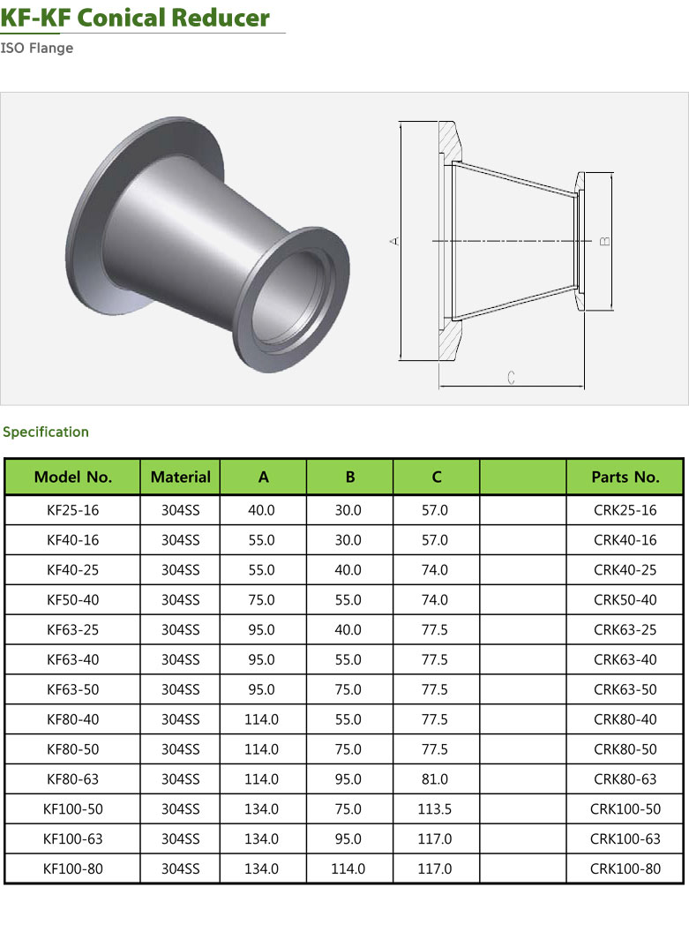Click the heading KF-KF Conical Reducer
[135, 18]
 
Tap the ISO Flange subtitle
[37, 49]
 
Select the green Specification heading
[46, 432]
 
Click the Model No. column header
[73, 477]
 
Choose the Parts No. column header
[625, 477]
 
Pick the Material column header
[181, 477]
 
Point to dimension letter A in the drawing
[395, 241]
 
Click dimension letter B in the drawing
[604, 241]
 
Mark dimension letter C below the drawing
[512, 378]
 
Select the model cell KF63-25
[73, 629]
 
